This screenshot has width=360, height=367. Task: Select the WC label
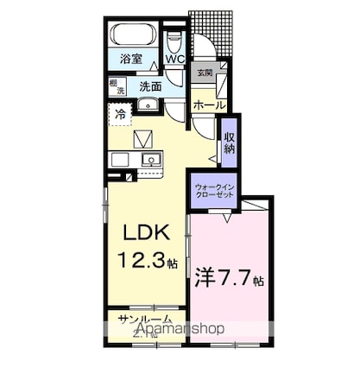tap(174, 60)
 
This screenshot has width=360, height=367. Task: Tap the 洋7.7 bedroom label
tap(228, 280)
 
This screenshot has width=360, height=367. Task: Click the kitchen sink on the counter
tap(151, 160)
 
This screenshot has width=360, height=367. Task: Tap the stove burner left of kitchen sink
tap(121, 160)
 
